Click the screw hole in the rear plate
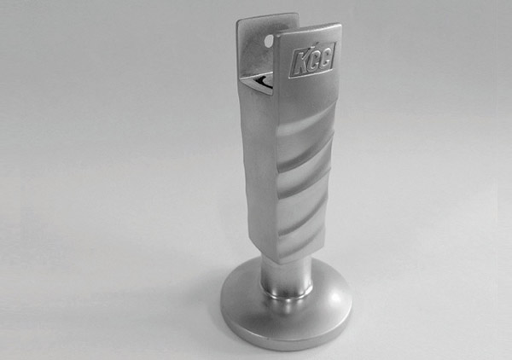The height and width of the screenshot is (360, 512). [x=267, y=40]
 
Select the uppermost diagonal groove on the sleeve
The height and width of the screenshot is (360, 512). [x=307, y=128]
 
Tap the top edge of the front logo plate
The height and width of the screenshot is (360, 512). [x=307, y=32]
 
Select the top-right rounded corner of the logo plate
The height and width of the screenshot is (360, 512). [x=337, y=28]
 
